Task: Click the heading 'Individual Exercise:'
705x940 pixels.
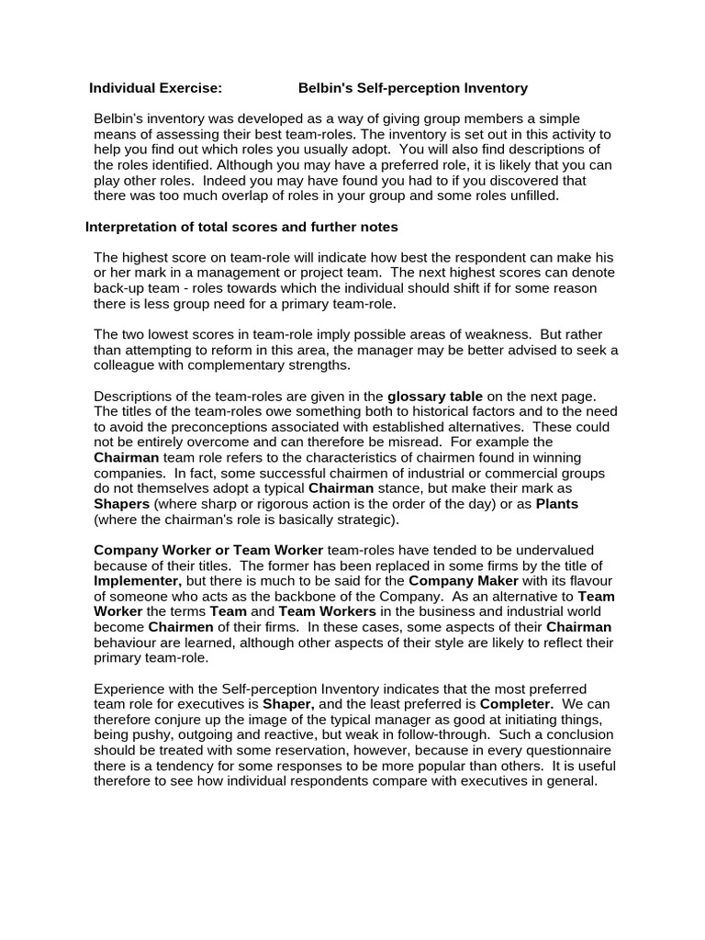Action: tap(155, 88)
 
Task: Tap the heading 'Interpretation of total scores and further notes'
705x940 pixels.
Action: tap(241, 227)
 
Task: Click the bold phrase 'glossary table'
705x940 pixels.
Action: tap(434, 396)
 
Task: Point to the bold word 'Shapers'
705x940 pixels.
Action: tap(122, 504)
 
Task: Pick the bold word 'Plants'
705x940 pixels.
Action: tap(557, 504)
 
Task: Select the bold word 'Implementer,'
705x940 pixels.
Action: tap(138, 581)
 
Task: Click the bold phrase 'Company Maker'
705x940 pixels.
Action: tap(464, 581)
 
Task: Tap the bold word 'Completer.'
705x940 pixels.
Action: tap(514, 704)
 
